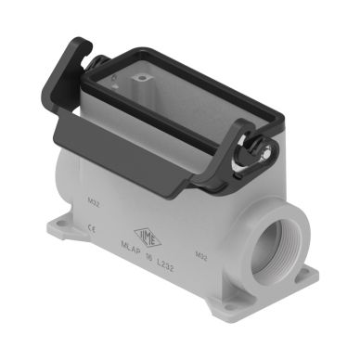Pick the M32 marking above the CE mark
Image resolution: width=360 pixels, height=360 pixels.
(93, 199)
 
